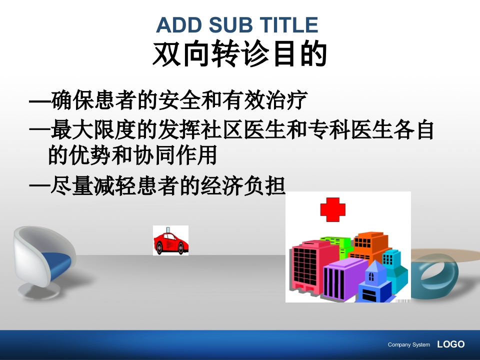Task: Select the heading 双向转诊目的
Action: (x=240, y=54)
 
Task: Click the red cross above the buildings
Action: (x=333, y=209)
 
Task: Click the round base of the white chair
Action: (x=38, y=290)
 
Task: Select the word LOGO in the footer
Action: (x=450, y=344)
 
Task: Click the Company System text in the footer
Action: (x=408, y=344)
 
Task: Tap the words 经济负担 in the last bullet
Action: (x=243, y=186)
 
